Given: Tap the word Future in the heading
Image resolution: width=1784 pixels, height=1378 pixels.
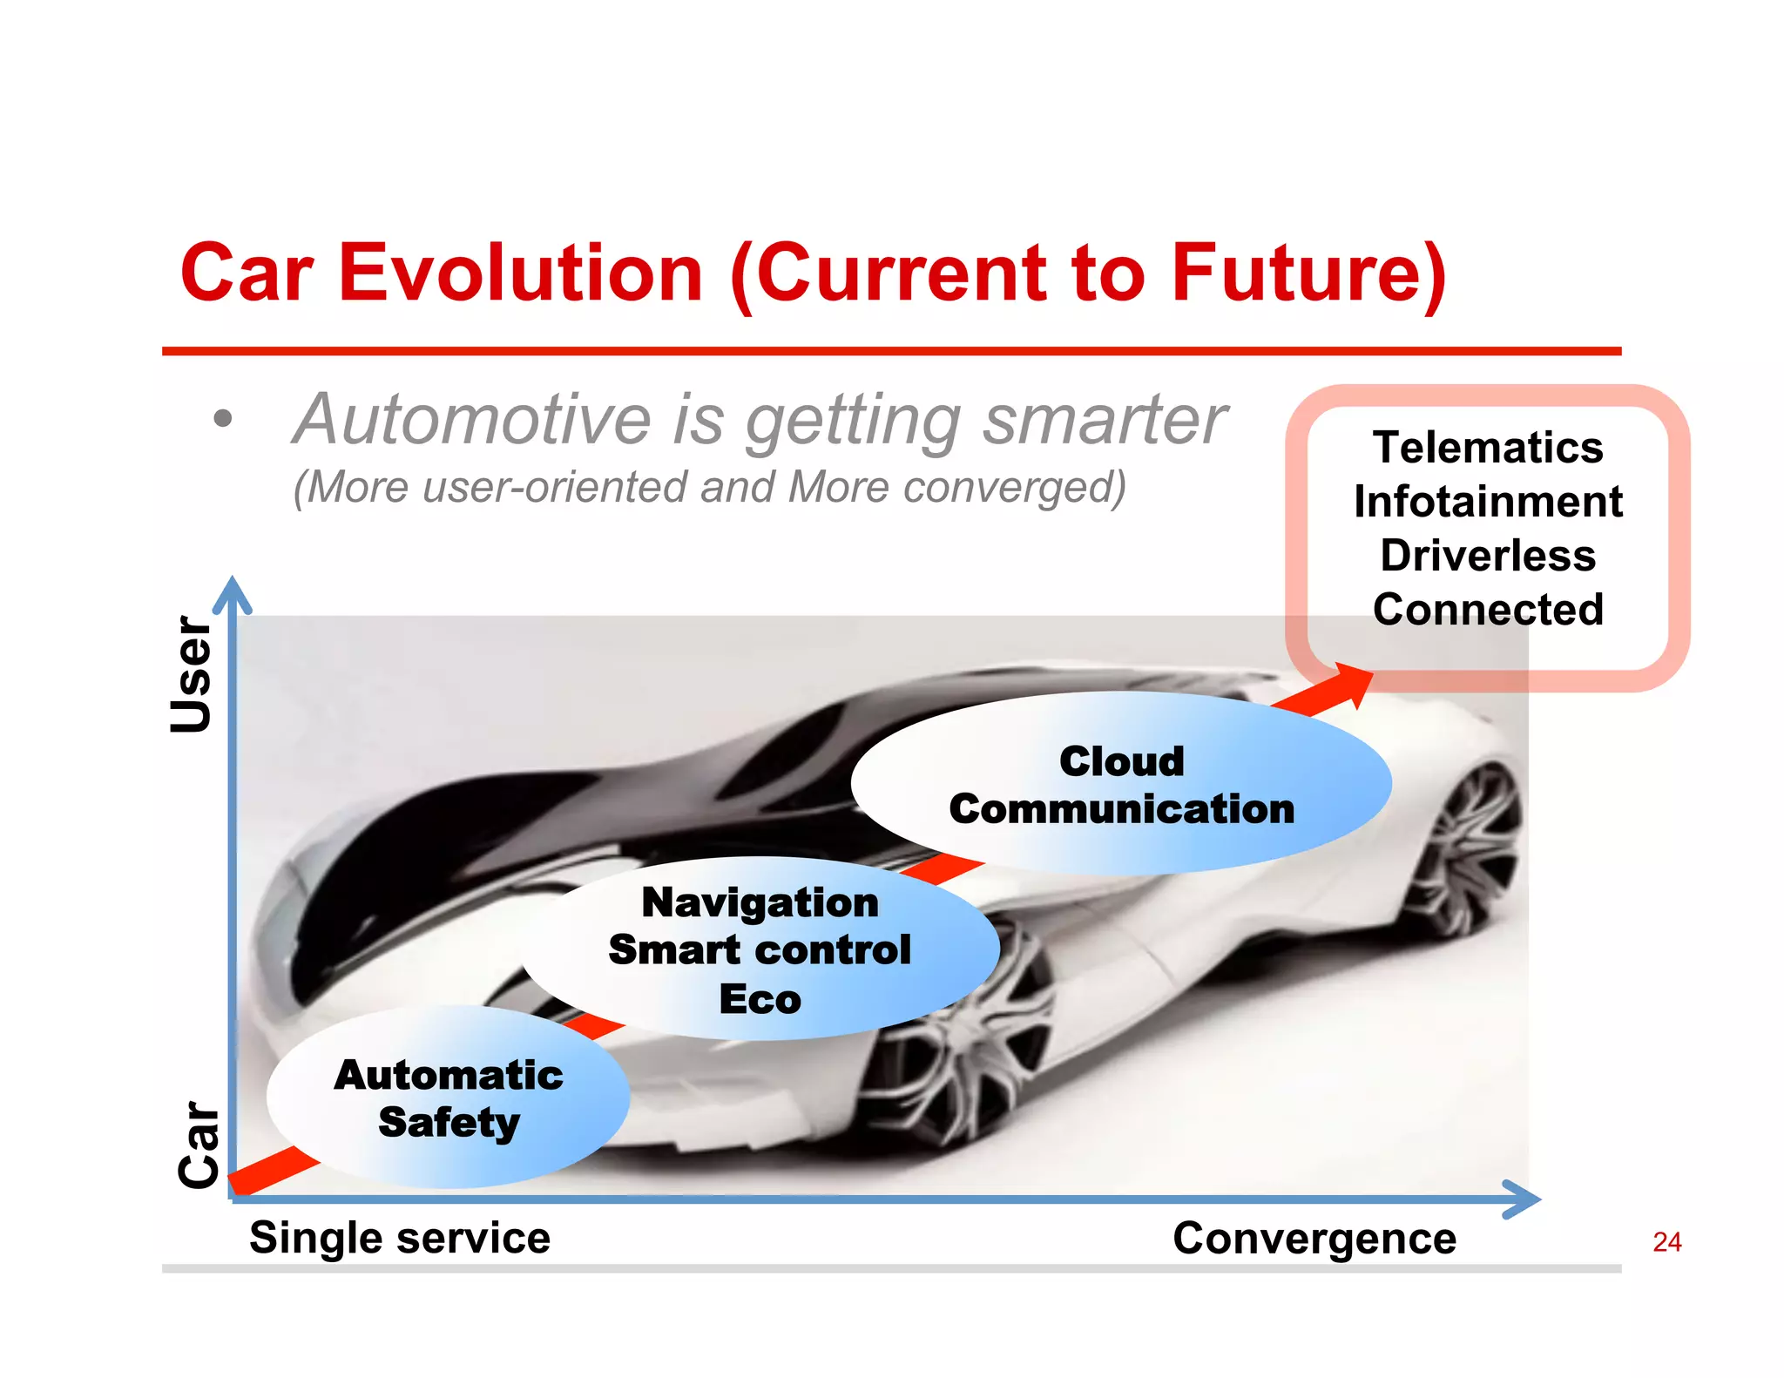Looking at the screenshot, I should (1298, 274).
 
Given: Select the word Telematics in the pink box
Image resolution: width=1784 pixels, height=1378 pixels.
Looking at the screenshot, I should (1488, 448).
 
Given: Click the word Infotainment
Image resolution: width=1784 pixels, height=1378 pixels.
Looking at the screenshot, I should (1488, 502).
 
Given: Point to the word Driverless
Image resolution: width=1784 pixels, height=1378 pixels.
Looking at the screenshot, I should (1488, 556).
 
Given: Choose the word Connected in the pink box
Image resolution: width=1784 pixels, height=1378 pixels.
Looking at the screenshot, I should (1488, 609).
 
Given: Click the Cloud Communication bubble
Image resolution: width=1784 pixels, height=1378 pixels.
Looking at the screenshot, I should (1121, 784).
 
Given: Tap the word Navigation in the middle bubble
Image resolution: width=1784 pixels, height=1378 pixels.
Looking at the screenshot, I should (760, 902).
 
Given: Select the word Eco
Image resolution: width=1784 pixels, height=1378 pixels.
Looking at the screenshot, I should (760, 999).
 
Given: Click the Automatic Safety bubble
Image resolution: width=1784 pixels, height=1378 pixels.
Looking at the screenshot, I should (449, 1098).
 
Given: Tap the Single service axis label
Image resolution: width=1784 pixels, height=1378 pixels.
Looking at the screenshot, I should (400, 1238).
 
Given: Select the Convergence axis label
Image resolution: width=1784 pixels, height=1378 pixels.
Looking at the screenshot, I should (1314, 1238).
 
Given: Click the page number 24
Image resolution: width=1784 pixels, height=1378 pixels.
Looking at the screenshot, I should (1666, 1242).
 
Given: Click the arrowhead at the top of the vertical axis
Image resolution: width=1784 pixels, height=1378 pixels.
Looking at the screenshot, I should (232, 592).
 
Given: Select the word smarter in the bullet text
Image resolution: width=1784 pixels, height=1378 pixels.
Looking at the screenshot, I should (1105, 420).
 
